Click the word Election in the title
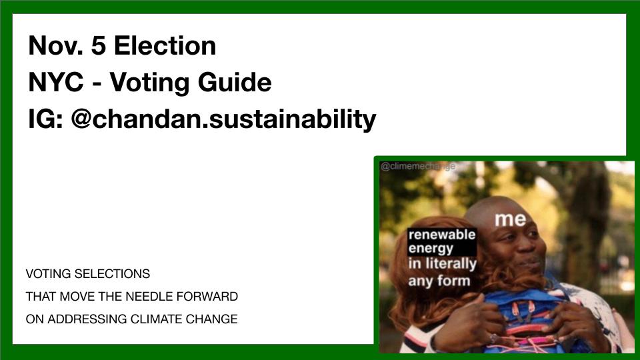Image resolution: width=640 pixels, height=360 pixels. (x=165, y=46)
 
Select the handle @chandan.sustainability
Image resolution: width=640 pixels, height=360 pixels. (x=223, y=120)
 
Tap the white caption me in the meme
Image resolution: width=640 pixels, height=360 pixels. (x=510, y=218)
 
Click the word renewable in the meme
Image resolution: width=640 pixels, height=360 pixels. (x=441, y=235)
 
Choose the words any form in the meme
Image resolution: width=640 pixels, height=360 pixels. (x=439, y=280)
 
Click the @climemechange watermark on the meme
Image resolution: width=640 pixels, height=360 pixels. (x=417, y=166)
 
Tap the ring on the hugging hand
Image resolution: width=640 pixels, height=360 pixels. (x=494, y=338)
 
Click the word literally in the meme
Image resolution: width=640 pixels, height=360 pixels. (x=451, y=264)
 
